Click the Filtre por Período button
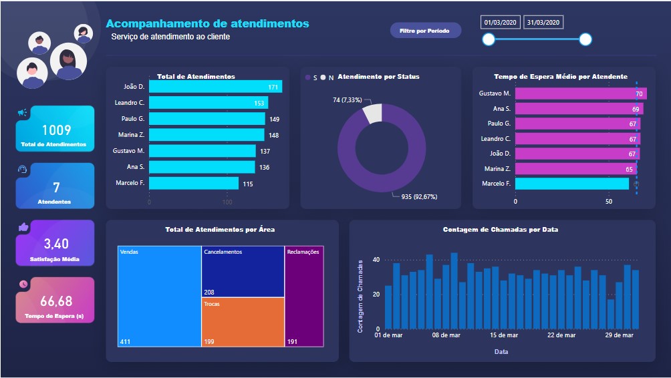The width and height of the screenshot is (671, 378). (x=425, y=31)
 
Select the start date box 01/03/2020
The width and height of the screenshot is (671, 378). (x=501, y=23)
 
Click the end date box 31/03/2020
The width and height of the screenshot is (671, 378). (x=544, y=23)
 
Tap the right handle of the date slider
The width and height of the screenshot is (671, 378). (x=585, y=39)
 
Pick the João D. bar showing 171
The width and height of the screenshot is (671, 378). (x=215, y=87)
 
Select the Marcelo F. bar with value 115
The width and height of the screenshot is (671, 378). (x=194, y=183)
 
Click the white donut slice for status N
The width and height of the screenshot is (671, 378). (x=372, y=114)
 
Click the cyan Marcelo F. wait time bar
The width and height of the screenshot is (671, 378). (x=572, y=184)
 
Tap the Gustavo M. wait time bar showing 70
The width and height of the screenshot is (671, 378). (x=579, y=93)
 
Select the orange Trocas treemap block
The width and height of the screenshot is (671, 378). (x=243, y=322)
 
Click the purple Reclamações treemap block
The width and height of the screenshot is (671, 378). (x=304, y=296)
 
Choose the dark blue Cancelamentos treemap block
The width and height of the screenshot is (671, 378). (x=243, y=271)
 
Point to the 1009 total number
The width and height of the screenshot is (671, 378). (x=56, y=130)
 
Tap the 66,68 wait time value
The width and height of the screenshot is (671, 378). (x=56, y=301)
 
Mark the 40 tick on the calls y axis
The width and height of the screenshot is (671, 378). (x=376, y=260)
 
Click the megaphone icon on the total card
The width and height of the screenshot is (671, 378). (x=23, y=113)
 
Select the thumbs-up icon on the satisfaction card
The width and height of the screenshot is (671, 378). (x=23, y=227)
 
